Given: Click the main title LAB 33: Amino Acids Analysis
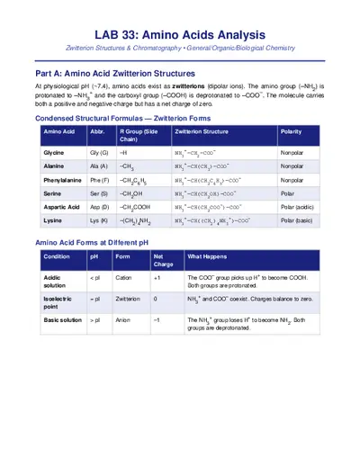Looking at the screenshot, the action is point(179,28).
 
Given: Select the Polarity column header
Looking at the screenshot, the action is point(291,130).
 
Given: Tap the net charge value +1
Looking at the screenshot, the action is point(157,279).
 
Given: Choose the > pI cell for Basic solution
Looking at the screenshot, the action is point(94,319).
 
